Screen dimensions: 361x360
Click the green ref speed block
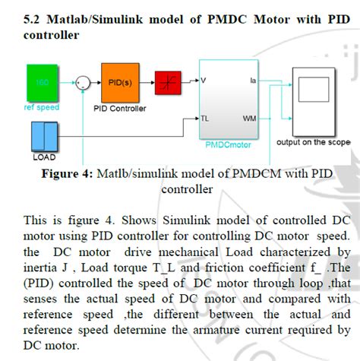coord(42,83)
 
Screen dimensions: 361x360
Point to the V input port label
coord(204,79)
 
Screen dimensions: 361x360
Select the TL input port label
coord(205,119)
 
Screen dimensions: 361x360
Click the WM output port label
coord(250,119)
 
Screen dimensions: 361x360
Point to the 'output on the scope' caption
coord(313,141)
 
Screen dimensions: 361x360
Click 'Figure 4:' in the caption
coord(67,174)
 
